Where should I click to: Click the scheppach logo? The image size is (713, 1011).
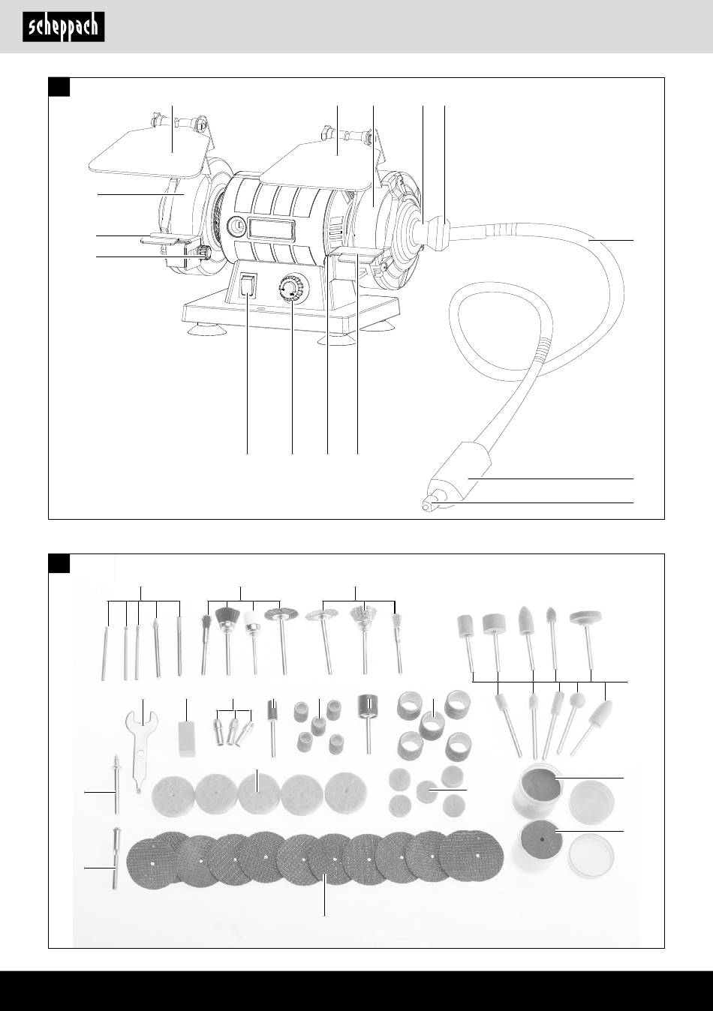(64, 27)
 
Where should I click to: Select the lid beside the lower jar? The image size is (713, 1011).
(591, 855)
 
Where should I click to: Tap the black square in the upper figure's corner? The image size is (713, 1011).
(59, 87)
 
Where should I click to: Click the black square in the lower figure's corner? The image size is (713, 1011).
(59, 563)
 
